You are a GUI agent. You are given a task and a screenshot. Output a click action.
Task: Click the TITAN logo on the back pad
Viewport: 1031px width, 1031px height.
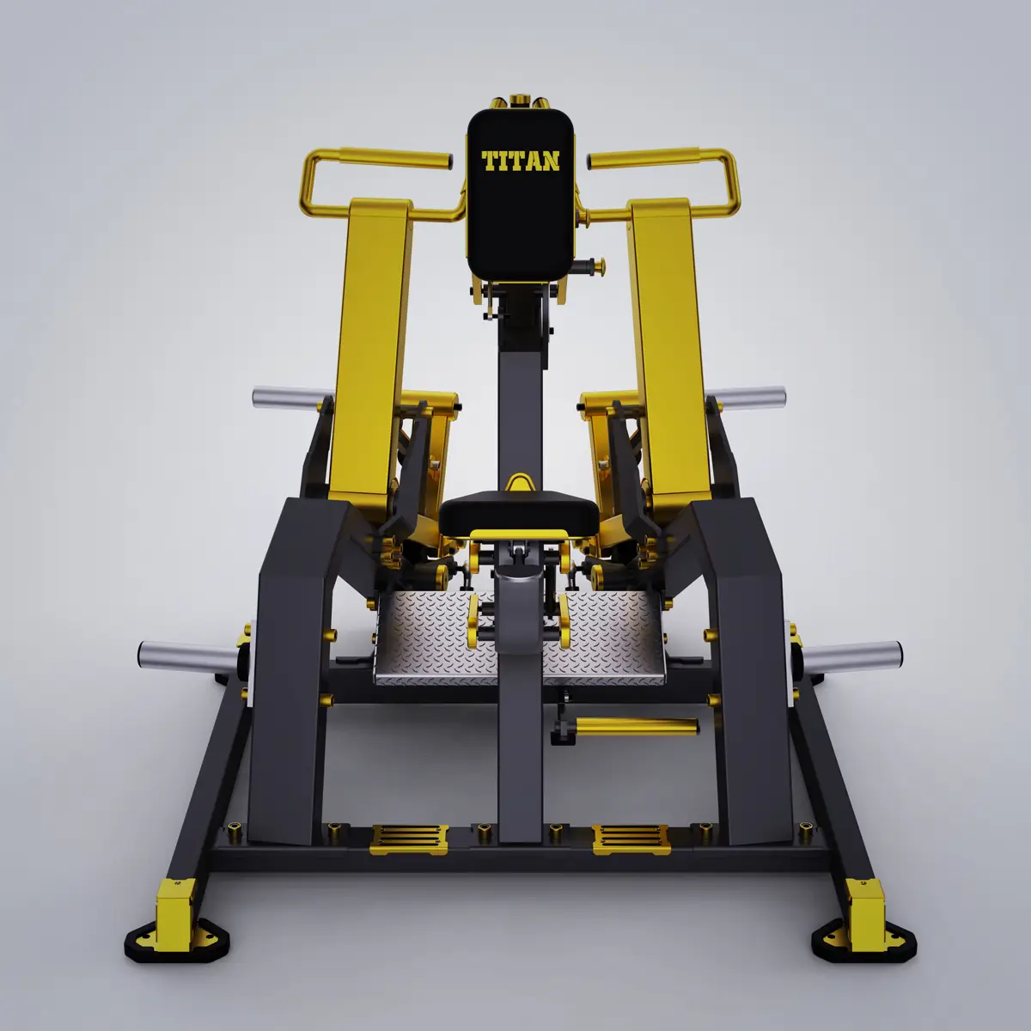coord(521,161)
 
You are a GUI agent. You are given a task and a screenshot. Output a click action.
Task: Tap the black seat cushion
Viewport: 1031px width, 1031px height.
coord(518,515)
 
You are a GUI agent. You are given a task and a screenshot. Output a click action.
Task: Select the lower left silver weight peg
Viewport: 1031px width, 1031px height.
coord(188,654)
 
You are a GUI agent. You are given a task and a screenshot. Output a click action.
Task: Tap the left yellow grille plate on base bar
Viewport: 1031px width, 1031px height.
coord(408,839)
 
